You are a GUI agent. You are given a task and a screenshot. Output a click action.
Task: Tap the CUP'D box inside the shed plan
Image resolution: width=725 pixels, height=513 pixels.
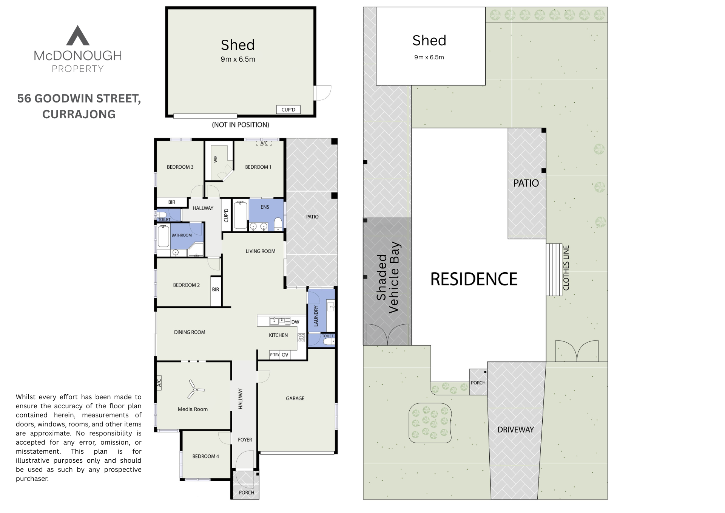pos(288,110)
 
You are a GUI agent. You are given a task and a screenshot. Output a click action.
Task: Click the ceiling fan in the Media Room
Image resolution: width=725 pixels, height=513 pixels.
pos(195,389)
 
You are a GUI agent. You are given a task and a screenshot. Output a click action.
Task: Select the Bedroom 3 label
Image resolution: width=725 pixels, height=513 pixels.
pos(180,167)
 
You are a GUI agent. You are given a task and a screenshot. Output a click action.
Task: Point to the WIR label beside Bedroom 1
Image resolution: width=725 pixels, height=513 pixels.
pos(216,159)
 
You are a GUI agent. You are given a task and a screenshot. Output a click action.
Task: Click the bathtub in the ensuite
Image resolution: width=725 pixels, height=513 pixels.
pos(240,216)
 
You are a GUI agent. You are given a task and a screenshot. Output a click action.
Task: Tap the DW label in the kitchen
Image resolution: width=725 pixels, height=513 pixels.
pos(295,322)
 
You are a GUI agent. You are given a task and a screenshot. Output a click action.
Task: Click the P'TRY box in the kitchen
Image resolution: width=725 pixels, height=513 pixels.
pos(275,355)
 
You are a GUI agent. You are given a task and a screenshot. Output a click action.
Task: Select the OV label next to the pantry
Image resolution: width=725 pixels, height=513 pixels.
pos(285,355)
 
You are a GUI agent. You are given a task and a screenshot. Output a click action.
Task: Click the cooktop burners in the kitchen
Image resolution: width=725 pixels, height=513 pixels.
pos(301,337)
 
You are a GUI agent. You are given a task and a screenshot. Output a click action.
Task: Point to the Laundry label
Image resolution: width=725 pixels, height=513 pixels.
pos(316,316)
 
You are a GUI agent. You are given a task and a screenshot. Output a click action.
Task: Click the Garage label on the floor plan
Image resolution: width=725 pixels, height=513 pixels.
pos(295,398)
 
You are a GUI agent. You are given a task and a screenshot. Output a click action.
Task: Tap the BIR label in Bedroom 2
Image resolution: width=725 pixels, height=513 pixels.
pos(216,290)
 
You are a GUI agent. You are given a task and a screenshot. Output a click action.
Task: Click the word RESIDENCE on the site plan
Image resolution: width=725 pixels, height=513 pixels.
pos(474,279)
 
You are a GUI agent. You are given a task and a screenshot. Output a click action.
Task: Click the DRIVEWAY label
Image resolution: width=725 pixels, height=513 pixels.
pos(515,429)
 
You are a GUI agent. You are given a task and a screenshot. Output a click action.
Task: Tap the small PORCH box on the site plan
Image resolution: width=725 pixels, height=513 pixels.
pos(478,383)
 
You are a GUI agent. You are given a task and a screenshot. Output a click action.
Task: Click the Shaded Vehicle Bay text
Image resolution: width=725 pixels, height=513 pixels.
pos(387,277)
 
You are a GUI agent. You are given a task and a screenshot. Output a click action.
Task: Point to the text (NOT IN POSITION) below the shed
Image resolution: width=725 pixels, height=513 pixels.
pos(241,125)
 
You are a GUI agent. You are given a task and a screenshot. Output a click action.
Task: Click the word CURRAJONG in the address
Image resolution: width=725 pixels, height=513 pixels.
pos(79,114)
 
